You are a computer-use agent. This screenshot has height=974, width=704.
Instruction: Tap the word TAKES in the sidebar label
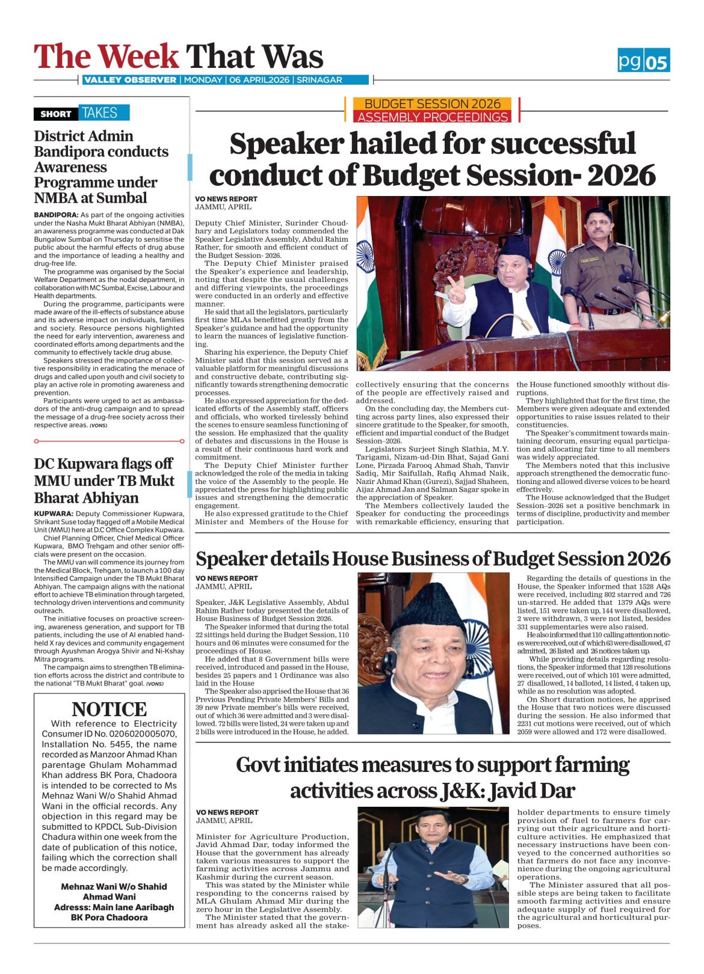click(100, 113)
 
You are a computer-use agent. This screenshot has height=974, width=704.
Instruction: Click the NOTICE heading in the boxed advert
click(109, 709)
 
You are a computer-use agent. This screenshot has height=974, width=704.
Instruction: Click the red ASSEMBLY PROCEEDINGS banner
click(433, 117)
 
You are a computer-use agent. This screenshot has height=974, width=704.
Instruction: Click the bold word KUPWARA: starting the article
click(54, 513)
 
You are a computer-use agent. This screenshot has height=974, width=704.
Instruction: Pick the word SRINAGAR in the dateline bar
click(318, 80)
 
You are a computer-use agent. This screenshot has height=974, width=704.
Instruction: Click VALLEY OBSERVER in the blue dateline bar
click(130, 80)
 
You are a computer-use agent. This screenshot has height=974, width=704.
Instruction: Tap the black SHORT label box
click(56, 114)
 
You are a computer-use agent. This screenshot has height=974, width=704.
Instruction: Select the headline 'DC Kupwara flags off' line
click(103, 464)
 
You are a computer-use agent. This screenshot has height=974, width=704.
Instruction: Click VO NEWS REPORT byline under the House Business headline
click(226, 578)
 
